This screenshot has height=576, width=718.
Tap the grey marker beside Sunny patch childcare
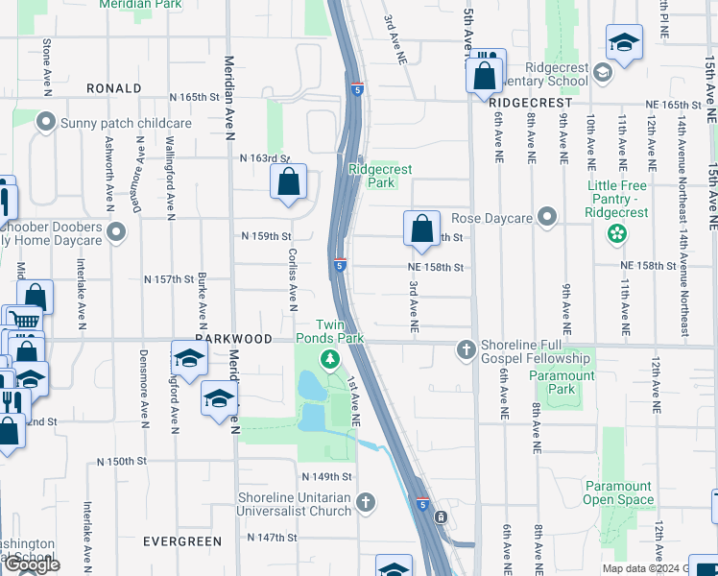(44, 122)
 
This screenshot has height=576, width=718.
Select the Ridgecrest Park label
(380, 176)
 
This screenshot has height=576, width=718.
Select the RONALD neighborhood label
(113, 88)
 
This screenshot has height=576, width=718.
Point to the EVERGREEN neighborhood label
(182, 541)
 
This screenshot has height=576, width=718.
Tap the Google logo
(32, 565)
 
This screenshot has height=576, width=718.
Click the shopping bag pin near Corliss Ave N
(288, 181)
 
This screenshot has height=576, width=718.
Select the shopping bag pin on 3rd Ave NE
(421, 228)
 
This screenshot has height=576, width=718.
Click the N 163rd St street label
(264, 157)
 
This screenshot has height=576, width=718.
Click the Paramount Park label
(562, 382)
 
